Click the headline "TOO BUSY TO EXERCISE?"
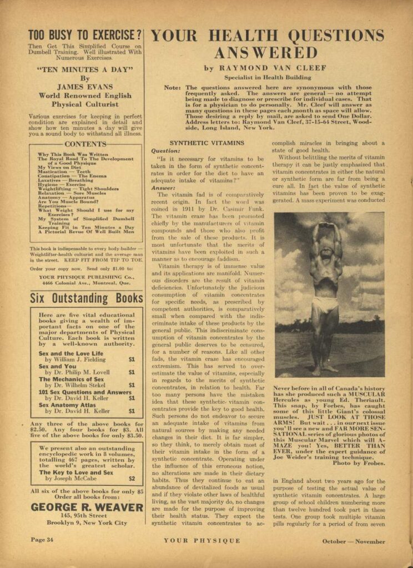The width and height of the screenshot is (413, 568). (85, 34)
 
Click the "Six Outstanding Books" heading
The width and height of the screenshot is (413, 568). (86, 298)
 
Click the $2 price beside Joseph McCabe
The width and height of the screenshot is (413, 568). (132, 478)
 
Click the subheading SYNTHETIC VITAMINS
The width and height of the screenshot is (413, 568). (206, 143)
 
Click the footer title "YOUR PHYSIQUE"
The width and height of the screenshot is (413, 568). (202, 541)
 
